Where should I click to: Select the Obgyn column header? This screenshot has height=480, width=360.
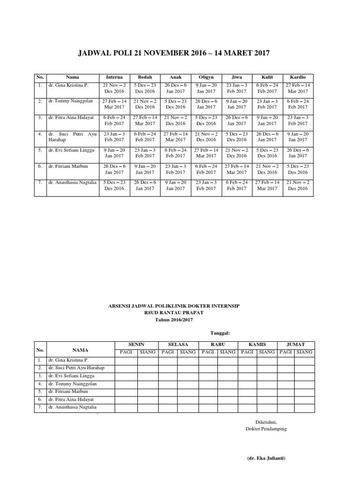pyautogui.click(x=206, y=77)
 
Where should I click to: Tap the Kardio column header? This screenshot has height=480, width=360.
pyautogui.click(x=298, y=77)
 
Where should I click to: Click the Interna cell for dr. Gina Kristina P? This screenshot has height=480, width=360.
pyautogui.click(x=114, y=88)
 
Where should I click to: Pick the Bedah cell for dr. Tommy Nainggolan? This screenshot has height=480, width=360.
pyautogui.click(x=145, y=104)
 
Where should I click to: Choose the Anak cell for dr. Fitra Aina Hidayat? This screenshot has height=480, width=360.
pyautogui.click(x=175, y=120)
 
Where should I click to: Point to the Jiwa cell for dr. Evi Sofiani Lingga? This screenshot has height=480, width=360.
pyautogui.click(x=237, y=153)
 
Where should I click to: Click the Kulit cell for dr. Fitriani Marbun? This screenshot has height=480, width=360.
pyautogui.click(x=267, y=169)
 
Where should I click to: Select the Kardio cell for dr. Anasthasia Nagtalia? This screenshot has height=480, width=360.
pyautogui.click(x=298, y=185)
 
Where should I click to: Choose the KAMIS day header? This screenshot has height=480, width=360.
pyautogui.click(x=257, y=344)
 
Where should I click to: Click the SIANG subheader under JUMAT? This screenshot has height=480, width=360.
pyautogui.click(x=304, y=352)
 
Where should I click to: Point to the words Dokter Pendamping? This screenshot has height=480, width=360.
pyautogui.click(x=266, y=429)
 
